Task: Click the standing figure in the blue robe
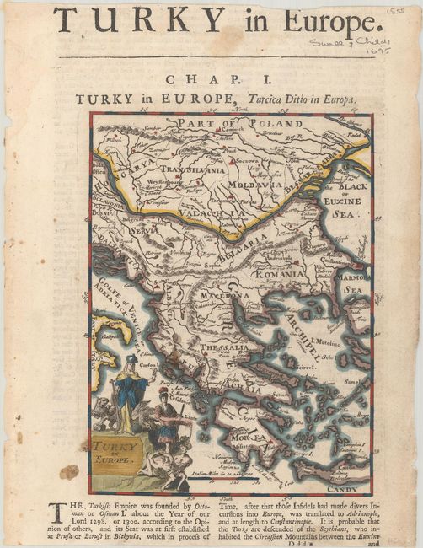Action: point(130,392)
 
